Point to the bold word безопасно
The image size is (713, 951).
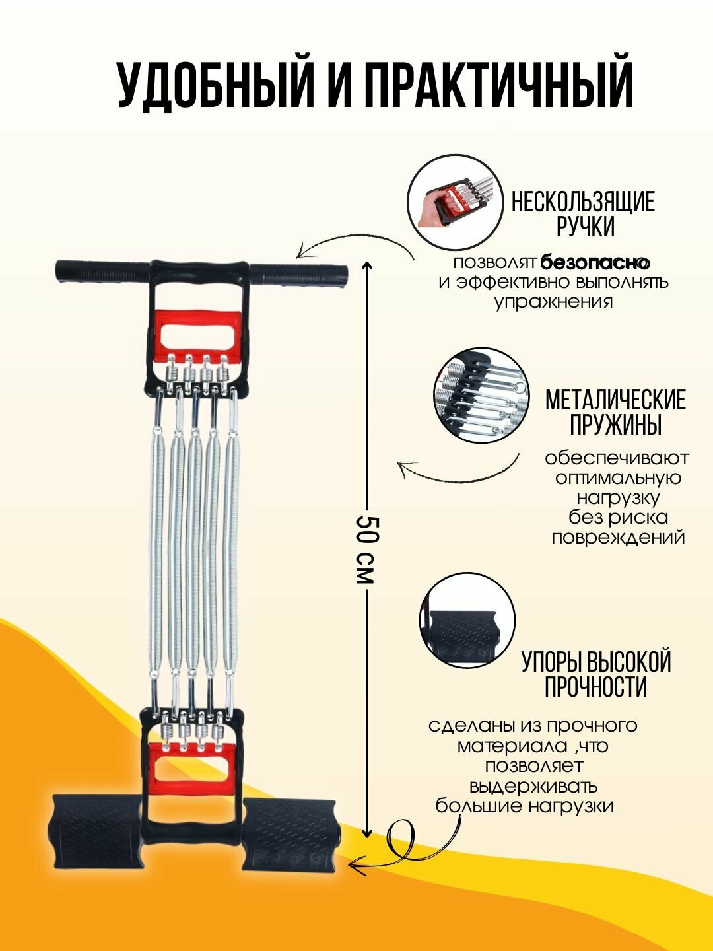pos(595,263)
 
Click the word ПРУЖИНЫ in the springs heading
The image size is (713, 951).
pos(616,425)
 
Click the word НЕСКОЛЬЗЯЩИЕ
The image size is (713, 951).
pos(583,201)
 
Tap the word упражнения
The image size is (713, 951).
pos(554,302)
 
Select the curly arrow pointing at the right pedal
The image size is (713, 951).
pos(403,845)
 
